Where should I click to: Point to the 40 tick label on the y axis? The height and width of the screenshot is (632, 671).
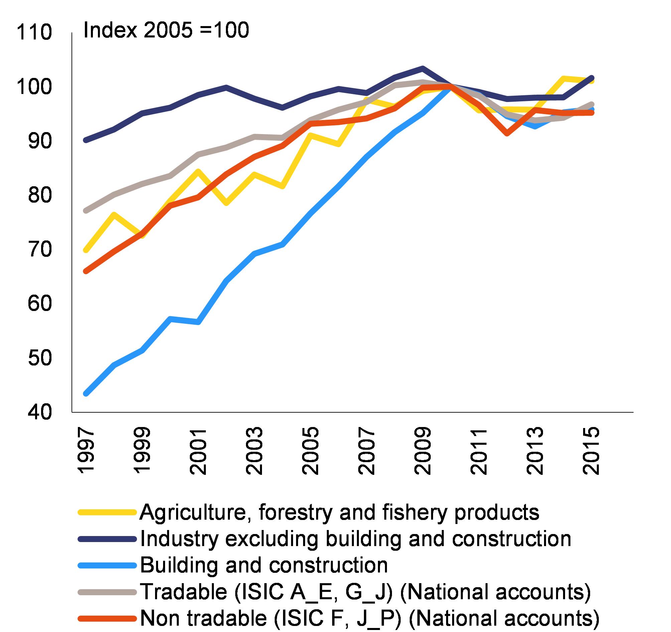click(x=40, y=412)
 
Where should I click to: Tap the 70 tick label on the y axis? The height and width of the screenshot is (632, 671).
click(x=40, y=250)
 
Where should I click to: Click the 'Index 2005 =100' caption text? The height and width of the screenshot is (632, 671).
click(x=166, y=30)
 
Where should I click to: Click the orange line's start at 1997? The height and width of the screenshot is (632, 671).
click(x=86, y=271)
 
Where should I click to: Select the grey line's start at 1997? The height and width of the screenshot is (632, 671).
click(x=86, y=210)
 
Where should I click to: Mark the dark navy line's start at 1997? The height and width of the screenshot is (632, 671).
click(x=86, y=140)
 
